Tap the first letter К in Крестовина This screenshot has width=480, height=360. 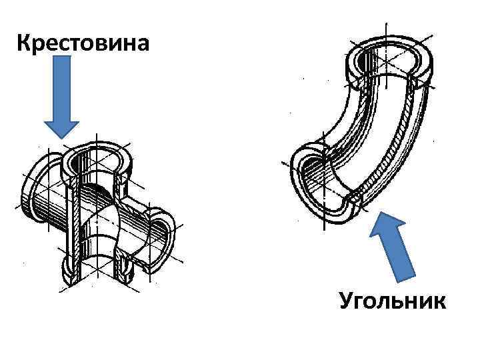(x=24, y=44)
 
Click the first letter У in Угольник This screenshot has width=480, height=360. (x=347, y=301)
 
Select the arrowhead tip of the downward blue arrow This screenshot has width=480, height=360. (x=61, y=137)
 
